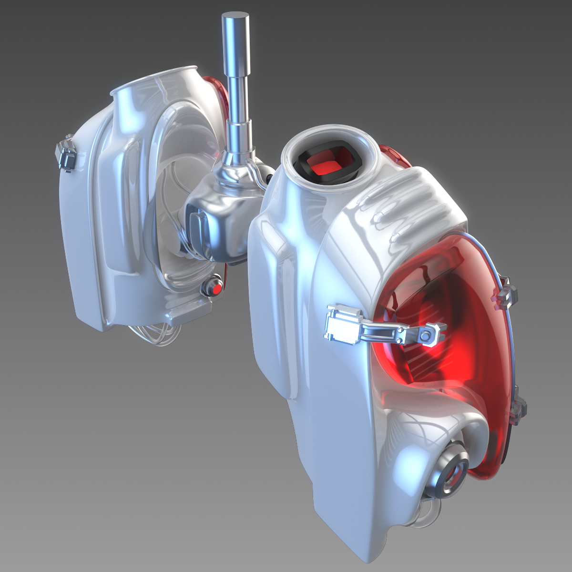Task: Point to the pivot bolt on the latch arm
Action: (x=424, y=337)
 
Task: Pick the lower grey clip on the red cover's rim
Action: (x=518, y=410)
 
